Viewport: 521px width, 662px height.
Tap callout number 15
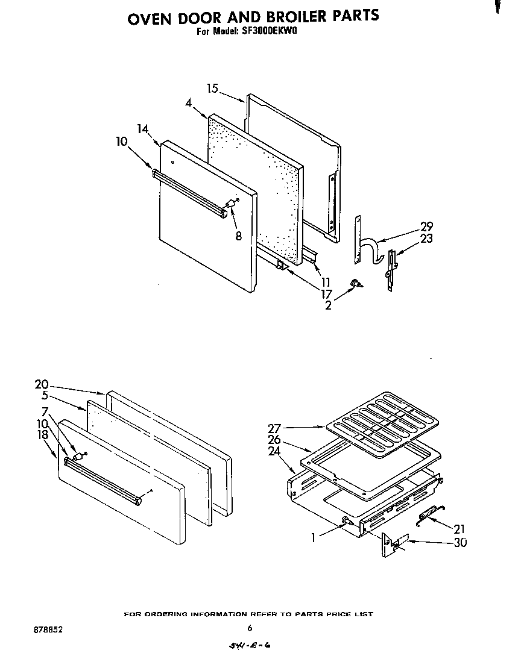[x=212, y=89]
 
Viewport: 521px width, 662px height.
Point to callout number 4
[x=188, y=103]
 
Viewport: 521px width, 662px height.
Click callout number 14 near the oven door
[x=142, y=128]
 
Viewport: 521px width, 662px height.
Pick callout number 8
[x=238, y=236]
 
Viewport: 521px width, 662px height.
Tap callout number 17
[x=326, y=294]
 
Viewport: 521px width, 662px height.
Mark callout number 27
[x=274, y=428]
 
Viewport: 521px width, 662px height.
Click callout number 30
[x=461, y=542]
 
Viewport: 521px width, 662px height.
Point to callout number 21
[x=460, y=529]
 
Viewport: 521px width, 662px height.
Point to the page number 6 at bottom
[x=249, y=628]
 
